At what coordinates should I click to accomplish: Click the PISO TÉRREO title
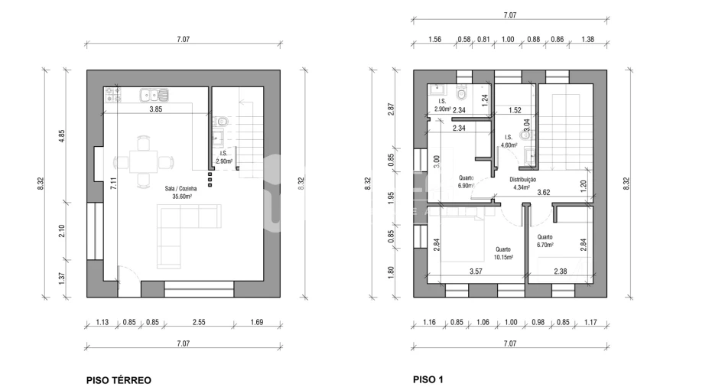click(x=119, y=380)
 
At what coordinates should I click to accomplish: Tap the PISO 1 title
click(x=428, y=379)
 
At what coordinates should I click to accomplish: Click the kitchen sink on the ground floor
click(x=154, y=95)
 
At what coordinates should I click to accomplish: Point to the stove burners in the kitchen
click(x=113, y=95)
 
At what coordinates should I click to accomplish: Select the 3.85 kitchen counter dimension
click(x=156, y=109)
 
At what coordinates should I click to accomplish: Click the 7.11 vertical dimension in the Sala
click(x=113, y=183)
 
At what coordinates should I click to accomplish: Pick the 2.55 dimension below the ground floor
click(x=199, y=322)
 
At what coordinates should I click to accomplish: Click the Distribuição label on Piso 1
click(x=522, y=180)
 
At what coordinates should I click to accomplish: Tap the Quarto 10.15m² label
click(x=503, y=253)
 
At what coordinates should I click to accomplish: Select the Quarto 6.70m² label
click(x=545, y=241)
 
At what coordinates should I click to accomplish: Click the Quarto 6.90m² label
click(x=466, y=182)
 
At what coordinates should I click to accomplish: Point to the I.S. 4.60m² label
click(x=509, y=141)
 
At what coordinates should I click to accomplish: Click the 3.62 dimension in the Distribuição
click(x=544, y=192)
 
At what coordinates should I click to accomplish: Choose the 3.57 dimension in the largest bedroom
click(x=476, y=272)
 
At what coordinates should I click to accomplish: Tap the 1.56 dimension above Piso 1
click(x=434, y=40)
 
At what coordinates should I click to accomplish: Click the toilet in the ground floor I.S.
click(x=221, y=122)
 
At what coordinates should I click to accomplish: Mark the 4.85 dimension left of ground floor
click(x=62, y=137)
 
